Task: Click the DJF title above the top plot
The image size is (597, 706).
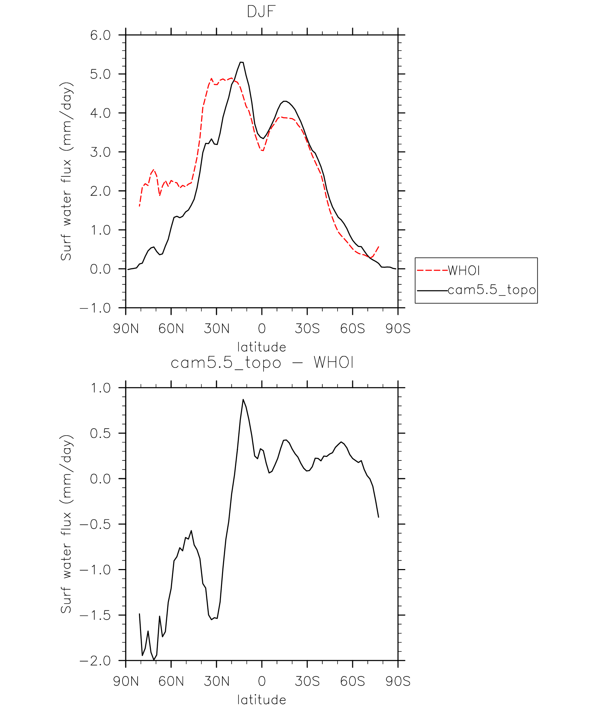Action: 261,12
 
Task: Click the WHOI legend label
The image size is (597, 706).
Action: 464,270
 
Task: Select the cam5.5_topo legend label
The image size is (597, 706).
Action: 492,290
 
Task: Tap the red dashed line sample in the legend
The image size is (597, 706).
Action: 432,270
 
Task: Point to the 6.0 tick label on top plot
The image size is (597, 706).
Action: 100,35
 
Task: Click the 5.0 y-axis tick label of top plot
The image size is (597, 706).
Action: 100,74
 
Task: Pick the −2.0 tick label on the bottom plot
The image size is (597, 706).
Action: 95,661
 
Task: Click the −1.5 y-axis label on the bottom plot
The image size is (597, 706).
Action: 95,615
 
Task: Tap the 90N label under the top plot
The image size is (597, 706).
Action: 126,329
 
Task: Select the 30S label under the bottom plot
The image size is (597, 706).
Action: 307,681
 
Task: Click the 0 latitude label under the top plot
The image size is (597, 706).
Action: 261,329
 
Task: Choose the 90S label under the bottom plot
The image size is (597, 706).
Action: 398,681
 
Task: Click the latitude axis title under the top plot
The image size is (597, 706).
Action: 261,347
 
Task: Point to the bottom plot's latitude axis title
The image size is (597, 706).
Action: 261,700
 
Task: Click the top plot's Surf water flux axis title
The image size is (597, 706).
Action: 66,171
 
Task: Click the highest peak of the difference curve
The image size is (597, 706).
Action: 243,399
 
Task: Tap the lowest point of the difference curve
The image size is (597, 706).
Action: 154,660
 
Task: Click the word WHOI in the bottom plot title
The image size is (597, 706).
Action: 334,363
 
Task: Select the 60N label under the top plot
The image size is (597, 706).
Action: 171,329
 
